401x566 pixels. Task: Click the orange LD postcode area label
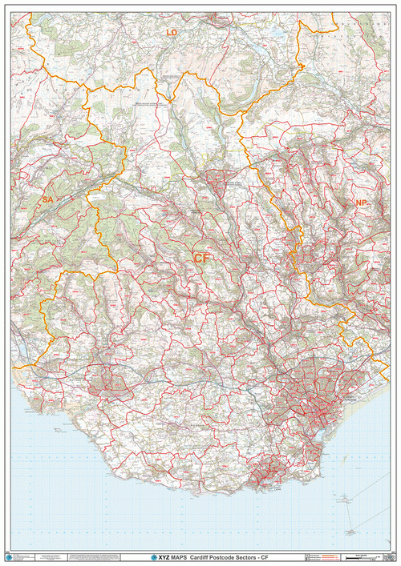coord(171,32)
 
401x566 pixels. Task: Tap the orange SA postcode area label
coord(47,199)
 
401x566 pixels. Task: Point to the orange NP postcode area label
coord(361,204)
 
